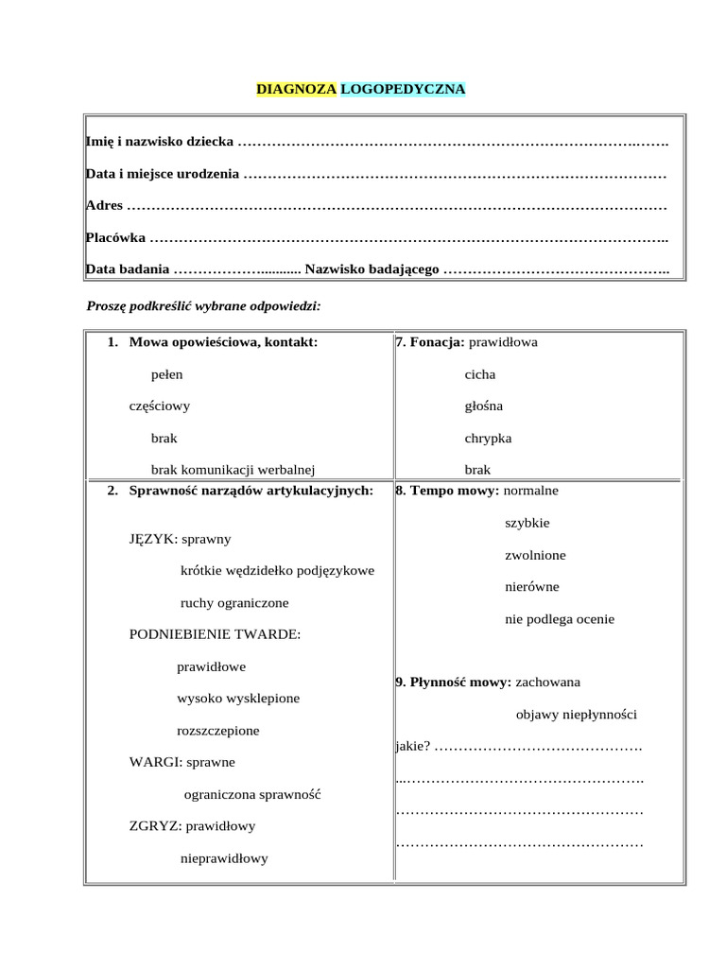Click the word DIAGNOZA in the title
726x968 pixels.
coord(296,90)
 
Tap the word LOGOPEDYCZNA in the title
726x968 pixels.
coord(403,90)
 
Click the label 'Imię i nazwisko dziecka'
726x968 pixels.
coord(160,142)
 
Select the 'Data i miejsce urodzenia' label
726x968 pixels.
coord(163,175)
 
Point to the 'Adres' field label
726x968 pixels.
coord(104,205)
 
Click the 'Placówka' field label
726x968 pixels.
coord(115,237)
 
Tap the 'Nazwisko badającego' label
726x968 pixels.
coord(372,270)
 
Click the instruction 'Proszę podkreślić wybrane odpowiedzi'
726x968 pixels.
coord(203,306)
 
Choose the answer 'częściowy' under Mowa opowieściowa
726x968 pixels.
coord(160,406)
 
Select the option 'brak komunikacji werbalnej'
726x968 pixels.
coord(233,469)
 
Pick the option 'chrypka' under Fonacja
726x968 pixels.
coord(488,439)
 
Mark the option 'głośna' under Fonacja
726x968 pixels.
coord(484,406)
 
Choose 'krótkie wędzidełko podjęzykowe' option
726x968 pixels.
coord(277,571)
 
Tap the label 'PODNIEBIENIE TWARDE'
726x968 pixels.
coord(215,634)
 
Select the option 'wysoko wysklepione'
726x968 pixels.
coord(238,699)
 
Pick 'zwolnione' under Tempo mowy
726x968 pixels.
coord(535,555)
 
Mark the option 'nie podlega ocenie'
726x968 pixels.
coord(560,619)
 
